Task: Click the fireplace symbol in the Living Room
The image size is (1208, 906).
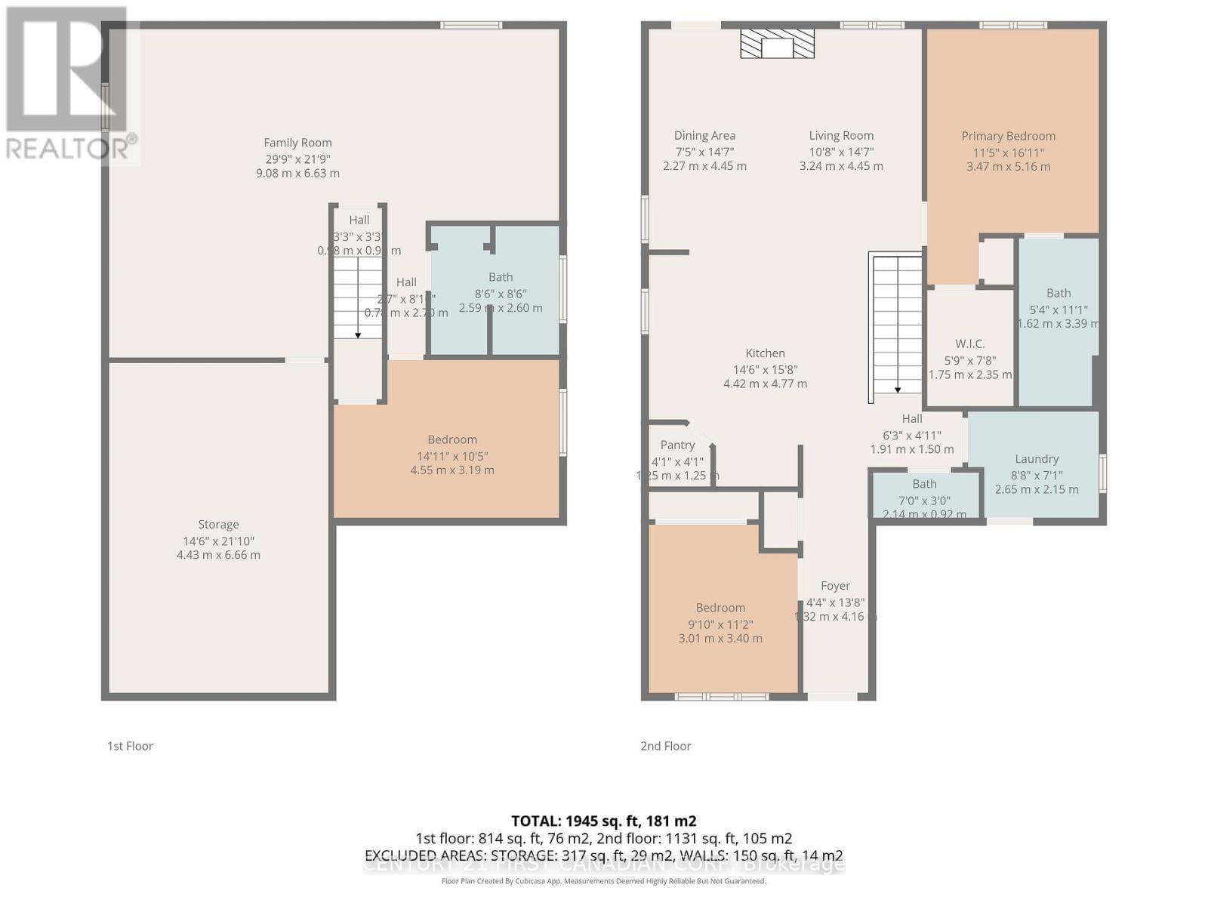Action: point(777,45)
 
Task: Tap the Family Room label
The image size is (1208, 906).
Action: point(297,143)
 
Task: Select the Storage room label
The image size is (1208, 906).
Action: point(218,524)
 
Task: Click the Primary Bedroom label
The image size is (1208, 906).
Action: point(1008,136)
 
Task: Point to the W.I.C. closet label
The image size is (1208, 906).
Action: point(969,344)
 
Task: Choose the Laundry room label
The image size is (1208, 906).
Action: point(1036,458)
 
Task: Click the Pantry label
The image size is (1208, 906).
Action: point(677,445)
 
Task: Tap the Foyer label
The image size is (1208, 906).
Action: point(835,586)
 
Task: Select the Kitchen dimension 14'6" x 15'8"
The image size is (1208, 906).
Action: point(765,369)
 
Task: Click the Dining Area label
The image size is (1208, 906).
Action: point(704,136)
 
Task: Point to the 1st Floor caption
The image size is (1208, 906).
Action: point(130,746)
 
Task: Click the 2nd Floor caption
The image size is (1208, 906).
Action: point(665,746)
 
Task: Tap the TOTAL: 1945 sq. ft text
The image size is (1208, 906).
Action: point(603,821)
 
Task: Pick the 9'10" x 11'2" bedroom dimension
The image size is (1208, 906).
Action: point(720,624)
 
